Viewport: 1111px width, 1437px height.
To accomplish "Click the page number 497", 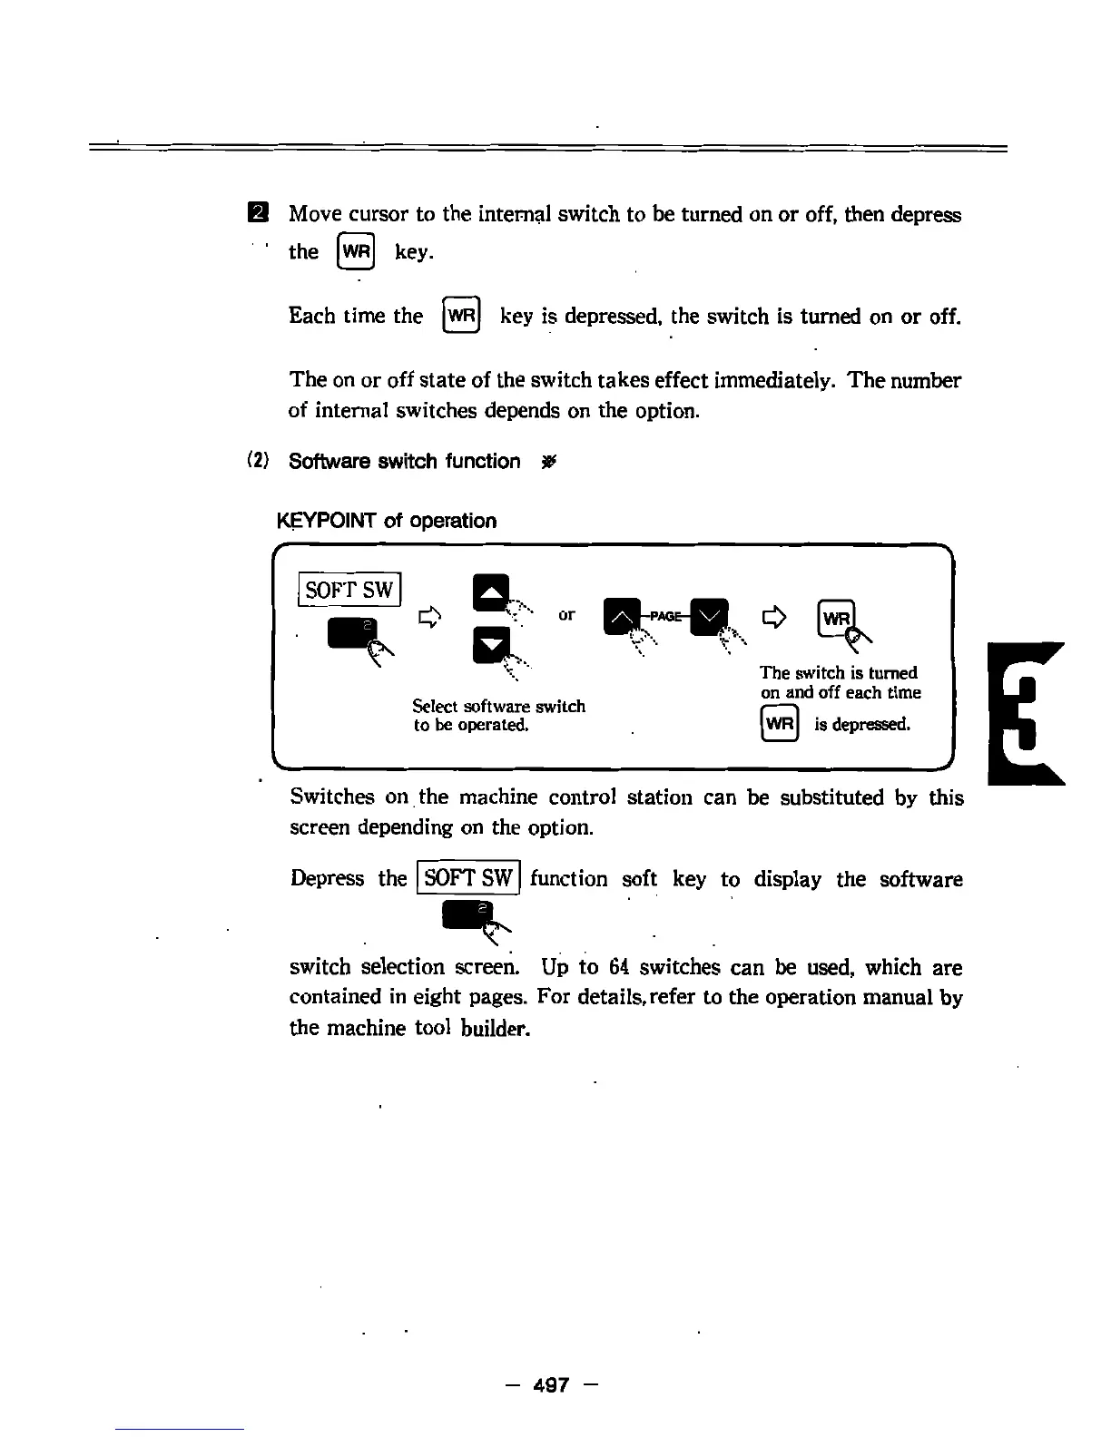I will (x=551, y=1384).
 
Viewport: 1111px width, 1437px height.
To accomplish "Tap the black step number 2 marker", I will (x=259, y=214).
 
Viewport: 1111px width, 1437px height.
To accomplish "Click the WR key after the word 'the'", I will (x=356, y=251).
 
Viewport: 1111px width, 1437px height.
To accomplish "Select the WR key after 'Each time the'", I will (x=461, y=316).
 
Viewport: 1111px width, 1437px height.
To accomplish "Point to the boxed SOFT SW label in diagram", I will (x=350, y=590).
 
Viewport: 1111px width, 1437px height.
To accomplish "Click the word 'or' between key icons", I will (x=566, y=614).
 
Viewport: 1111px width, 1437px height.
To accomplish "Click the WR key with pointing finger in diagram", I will (x=836, y=618).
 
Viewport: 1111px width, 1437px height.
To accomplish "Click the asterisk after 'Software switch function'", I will (x=547, y=462).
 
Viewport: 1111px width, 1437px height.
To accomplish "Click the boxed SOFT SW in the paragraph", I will (x=468, y=878).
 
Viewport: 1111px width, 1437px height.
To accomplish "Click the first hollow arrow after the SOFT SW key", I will (x=429, y=618).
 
